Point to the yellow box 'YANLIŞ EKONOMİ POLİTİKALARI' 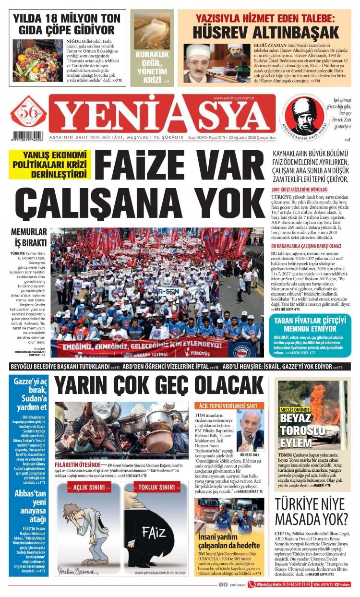(50, 164)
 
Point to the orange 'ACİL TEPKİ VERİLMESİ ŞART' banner (229, 406)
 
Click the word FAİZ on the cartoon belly (154, 532)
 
